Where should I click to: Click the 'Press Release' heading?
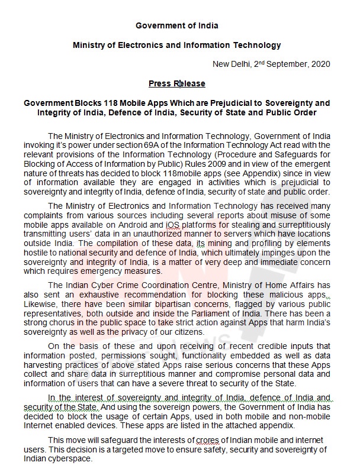177,83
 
